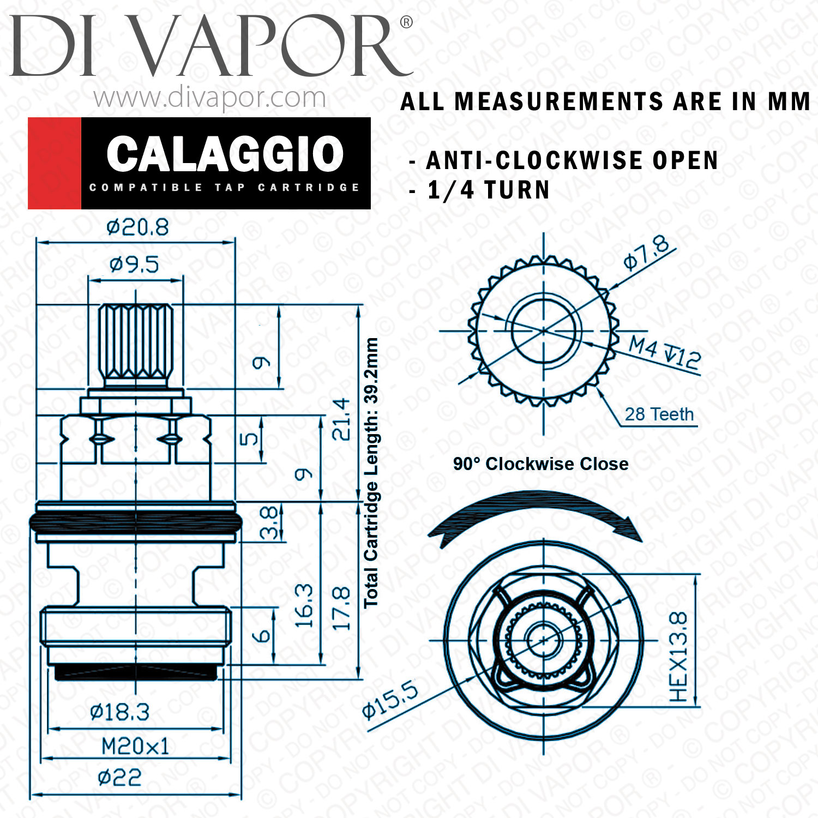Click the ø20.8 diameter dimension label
click(137, 227)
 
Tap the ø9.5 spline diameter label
click(134, 264)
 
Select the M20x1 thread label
click(135, 746)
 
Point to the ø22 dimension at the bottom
click(119, 777)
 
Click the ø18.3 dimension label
click(119, 712)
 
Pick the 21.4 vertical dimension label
click(341, 419)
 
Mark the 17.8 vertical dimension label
click(341, 609)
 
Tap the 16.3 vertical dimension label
click(304, 605)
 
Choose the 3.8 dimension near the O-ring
click(269, 523)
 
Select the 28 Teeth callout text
click(659, 414)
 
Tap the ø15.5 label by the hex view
click(390, 700)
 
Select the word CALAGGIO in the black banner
click(225, 154)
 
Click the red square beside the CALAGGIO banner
click(55, 163)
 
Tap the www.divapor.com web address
click(209, 98)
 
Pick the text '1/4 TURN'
click(489, 190)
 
